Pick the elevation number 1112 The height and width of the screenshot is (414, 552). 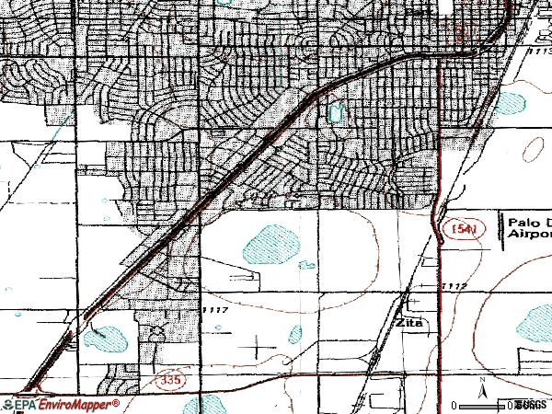454,287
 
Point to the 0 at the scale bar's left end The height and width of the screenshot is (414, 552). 455,405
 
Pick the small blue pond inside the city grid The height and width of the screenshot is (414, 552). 334,112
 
